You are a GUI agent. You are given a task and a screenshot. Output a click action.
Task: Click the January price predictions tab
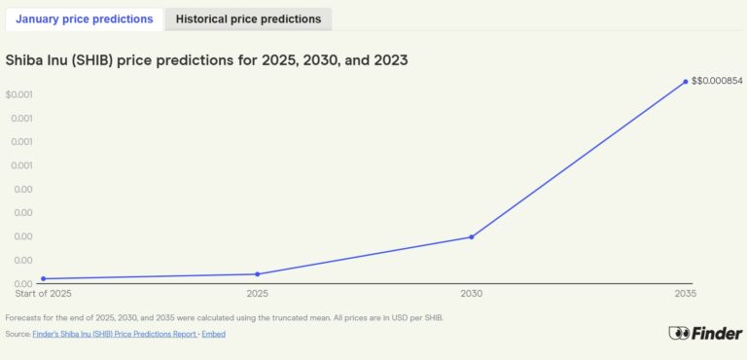tap(84, 18)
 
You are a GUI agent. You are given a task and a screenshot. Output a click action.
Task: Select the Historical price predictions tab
tap(248, 18)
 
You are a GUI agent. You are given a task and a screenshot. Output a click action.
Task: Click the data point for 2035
tap(685, 81)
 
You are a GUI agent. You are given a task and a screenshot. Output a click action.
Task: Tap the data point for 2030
tap(472, 236)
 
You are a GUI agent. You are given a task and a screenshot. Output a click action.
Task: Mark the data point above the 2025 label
tap(258, 273)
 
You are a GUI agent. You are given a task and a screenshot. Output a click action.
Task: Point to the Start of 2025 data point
tap(43, 279)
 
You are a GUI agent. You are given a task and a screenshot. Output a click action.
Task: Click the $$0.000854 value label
tap(717, 81)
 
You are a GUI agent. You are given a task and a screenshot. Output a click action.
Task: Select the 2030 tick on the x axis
tap(472, 293)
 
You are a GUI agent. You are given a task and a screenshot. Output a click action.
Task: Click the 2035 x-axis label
tap(685, 293)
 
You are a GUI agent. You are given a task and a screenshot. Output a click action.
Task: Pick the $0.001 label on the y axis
tap(19, 94)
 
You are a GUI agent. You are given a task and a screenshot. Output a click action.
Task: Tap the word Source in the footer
tap(18, 334)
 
